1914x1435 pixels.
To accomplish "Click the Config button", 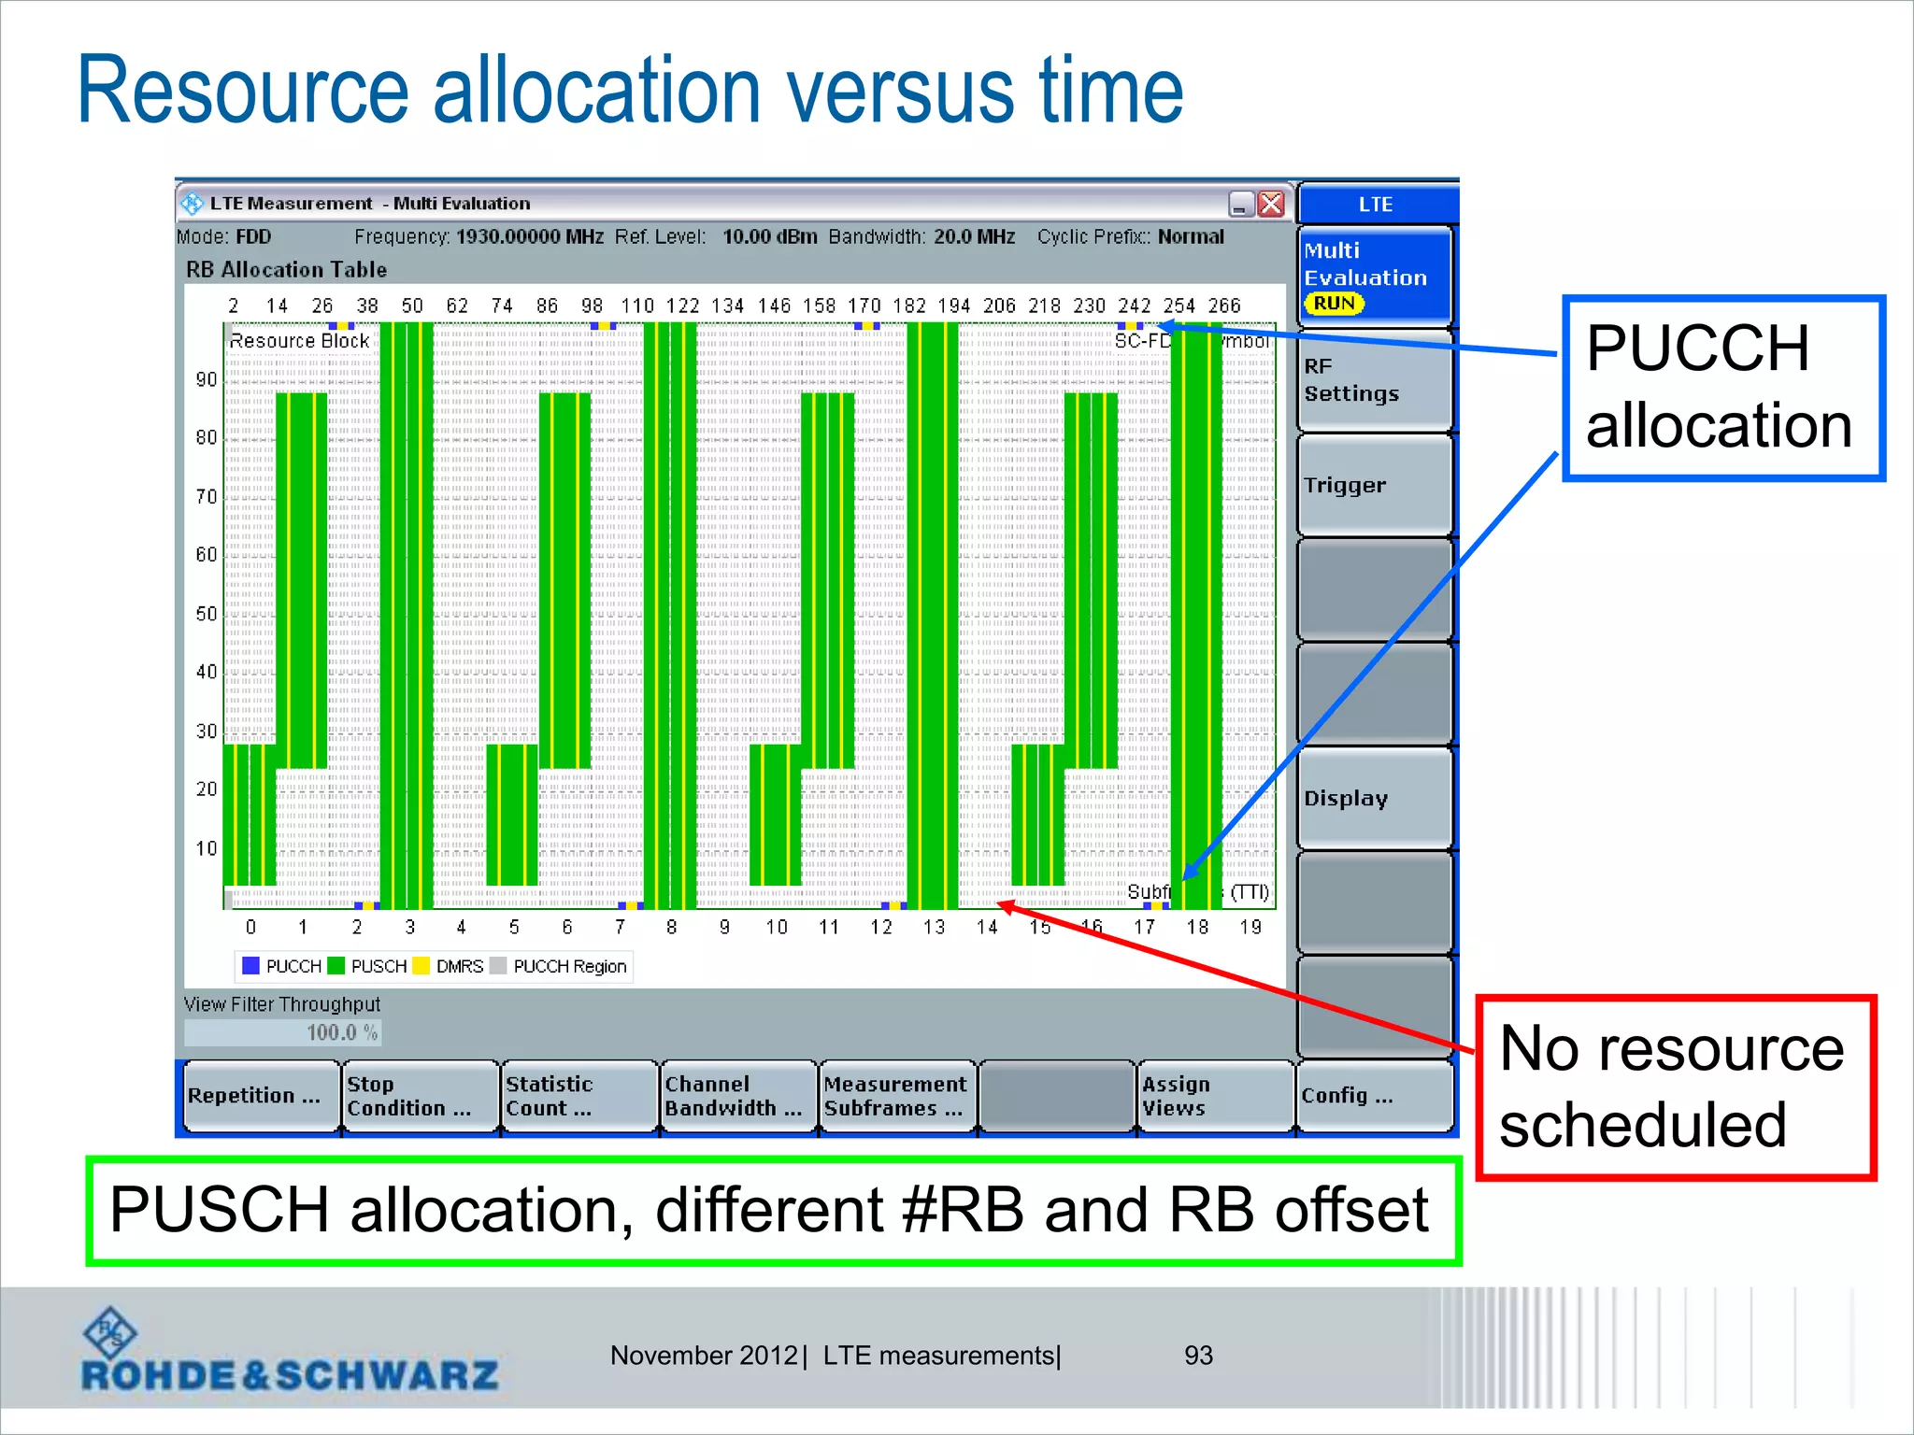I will click(1372, 1096).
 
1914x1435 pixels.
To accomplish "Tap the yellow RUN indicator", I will click(1334, 304).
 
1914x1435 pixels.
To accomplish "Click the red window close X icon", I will click(1271, 204).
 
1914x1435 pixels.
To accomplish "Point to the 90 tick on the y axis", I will click(206, 379).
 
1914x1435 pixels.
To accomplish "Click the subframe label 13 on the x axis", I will click(934, 927).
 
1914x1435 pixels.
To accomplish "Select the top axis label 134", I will click(727, 305).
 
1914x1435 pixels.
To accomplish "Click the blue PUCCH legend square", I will click(250, 966).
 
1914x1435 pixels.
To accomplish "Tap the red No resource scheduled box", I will click(1675, 1087).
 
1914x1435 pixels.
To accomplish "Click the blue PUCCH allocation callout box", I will click(1722, 388).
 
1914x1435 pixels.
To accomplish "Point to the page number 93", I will click(1197, 1356).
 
